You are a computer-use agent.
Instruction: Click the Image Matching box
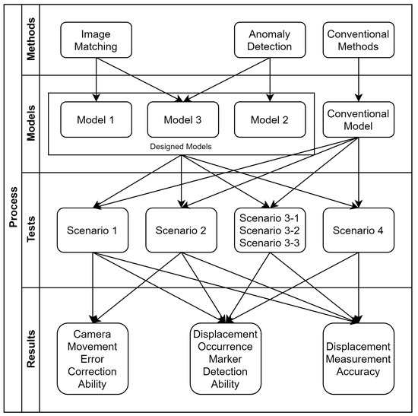click(x=96, y=40)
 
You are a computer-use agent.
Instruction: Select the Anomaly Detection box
click(x=271, y=40)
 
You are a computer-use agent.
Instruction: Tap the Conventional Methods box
click(x=357, y=40)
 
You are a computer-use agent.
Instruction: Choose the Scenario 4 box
click(x=357, y=229)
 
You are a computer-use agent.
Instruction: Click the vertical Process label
click(x=14, y=207)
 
